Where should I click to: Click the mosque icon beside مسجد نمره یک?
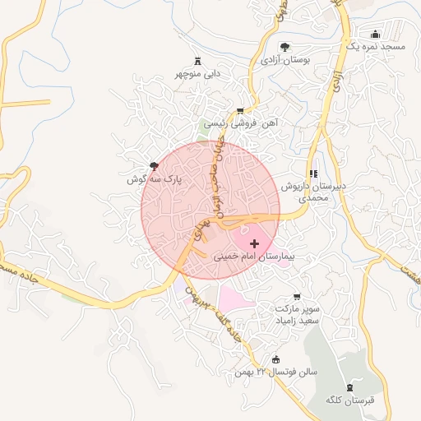pyautogui.click(x=376, y=35)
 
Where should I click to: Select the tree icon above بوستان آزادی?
pyautogui.click(x=285, y=47)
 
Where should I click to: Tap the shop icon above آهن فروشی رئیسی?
pyautogui.click(x=240, y=110)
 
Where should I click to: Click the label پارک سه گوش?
pyautogui.click(x=154, y=178)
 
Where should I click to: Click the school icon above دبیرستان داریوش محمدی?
pyautogui.click(x=312, y=173)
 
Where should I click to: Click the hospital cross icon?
pyautogui.click(x=254, y=243)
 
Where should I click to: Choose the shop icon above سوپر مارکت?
pyautogui.click(x=297, y=296)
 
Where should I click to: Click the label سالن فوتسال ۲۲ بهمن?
pyautogui.click(x=275, y=372)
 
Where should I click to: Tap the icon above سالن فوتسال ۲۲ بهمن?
pyautogui.click(x=275, y=359)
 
